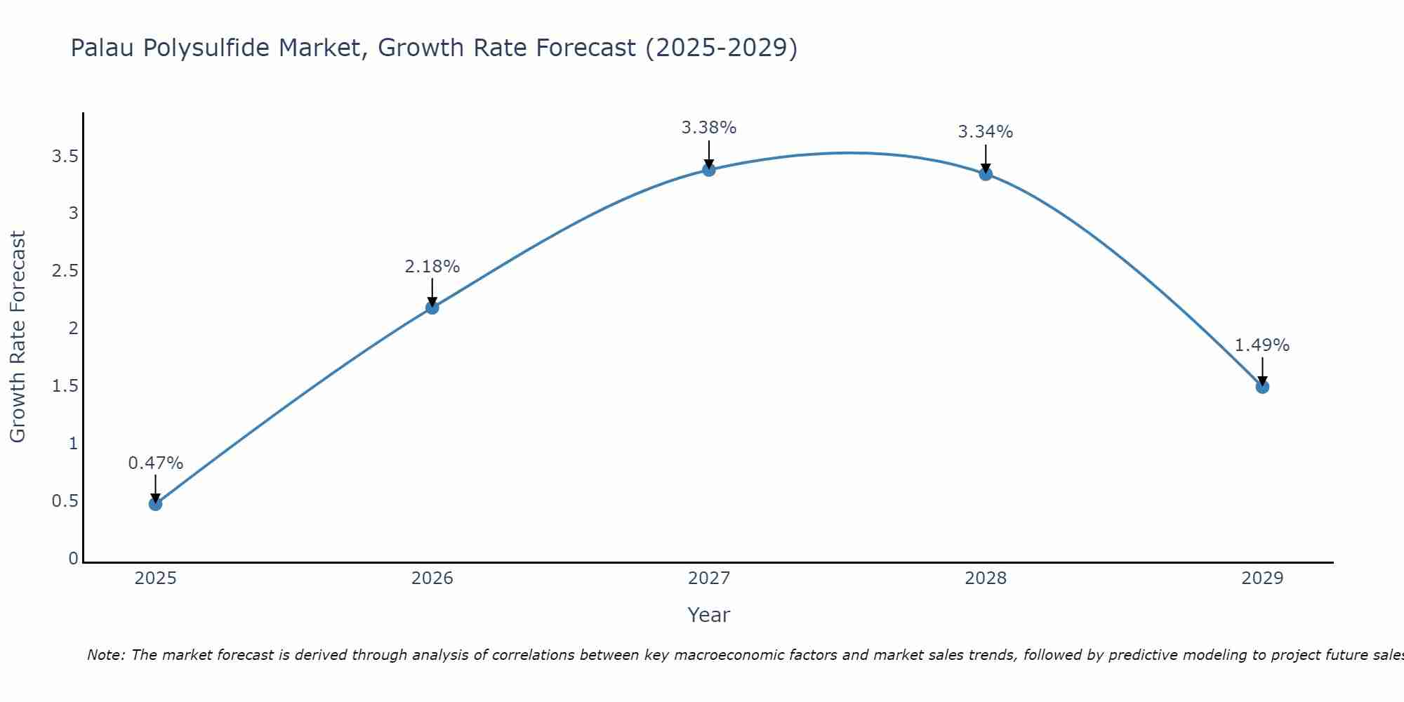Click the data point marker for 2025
pyautogui.click(x=156, y=504)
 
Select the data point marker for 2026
pyautogui.click(x=432, y=307)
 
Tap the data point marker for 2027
pyautogui.click(x=709, y=169)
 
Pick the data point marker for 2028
pyautogui.click(x=986, y=174)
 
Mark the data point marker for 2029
pyautogui.click(x=1262, y=387)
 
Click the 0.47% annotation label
pyautogui.click(x=156, y=463)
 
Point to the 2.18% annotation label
pyautogui.click(x=432, y=267)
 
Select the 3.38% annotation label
pyautogui.click(x=709, y=128)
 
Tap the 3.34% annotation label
pyautogui.click(x=986, y=132)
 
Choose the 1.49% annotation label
pyautogui.click(x=1262, y=345)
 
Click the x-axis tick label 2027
pyautogui.click(x=709, y=578)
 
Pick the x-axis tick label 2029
pyautogui.click(x=1262, y=578)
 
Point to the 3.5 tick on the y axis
pyautogui.click(x=65, y=157)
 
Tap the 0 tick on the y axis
pyautogui.click(x=73, y=559)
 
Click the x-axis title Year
pyautogui.click(x=709, y=615)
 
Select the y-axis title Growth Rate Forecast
pyautogui.click(x=18, y=337)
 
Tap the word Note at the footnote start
pyautogui.click(x=105, y=655)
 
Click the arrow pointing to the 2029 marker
pyautogui.click(x=1262, y=371)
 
